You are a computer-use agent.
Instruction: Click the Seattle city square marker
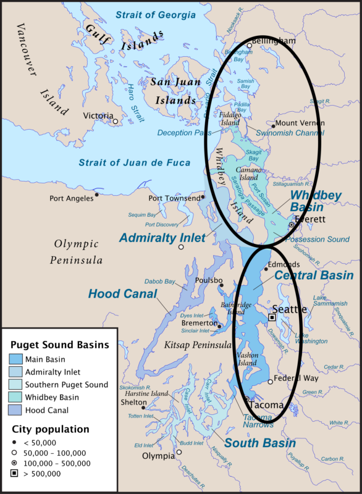click(272, 317)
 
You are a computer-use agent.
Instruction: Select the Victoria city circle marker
click(116, 122)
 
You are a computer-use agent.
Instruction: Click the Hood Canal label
click(123, 294)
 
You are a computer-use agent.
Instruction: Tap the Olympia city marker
click(179, 452)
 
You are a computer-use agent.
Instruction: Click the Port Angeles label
click(71, 198)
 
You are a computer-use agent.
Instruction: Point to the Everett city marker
click(291, 225)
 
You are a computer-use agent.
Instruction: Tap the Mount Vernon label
click(297, 124)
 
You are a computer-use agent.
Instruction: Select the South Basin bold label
click(259, 443)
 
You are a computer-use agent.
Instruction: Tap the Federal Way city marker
click(270, 382)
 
